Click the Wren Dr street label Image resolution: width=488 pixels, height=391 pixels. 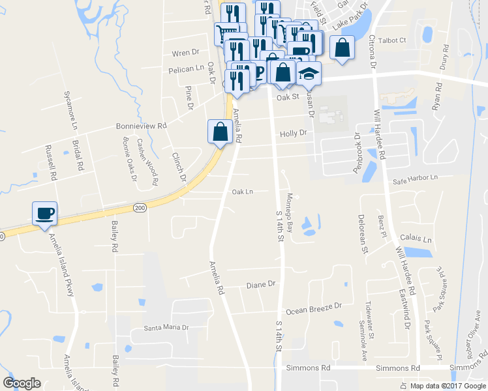tap(185, 52)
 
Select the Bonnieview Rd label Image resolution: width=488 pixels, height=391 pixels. tap(142, 126)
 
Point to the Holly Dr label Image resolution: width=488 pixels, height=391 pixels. tap(293, 133)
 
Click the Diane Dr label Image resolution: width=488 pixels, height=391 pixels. tap(262, 285)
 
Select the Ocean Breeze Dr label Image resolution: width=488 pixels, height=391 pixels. tap(313, 306)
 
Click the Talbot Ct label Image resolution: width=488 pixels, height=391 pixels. tap(393, 40)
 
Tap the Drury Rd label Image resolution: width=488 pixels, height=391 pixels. tap(446, 57)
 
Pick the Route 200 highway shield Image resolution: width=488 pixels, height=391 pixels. tap(140, 207)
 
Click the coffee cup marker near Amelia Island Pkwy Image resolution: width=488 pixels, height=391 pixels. tap(44, 213)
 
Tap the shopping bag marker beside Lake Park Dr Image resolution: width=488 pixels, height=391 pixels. tap(343, 48)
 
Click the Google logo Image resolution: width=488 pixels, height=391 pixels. tap(22, 384)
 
